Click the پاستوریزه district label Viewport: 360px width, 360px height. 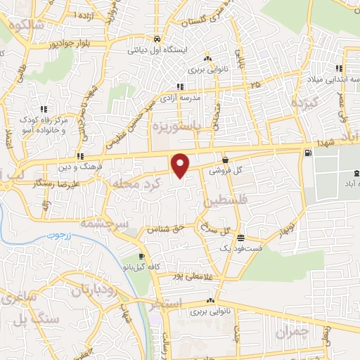pyautogui.click(x=178, y=126)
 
